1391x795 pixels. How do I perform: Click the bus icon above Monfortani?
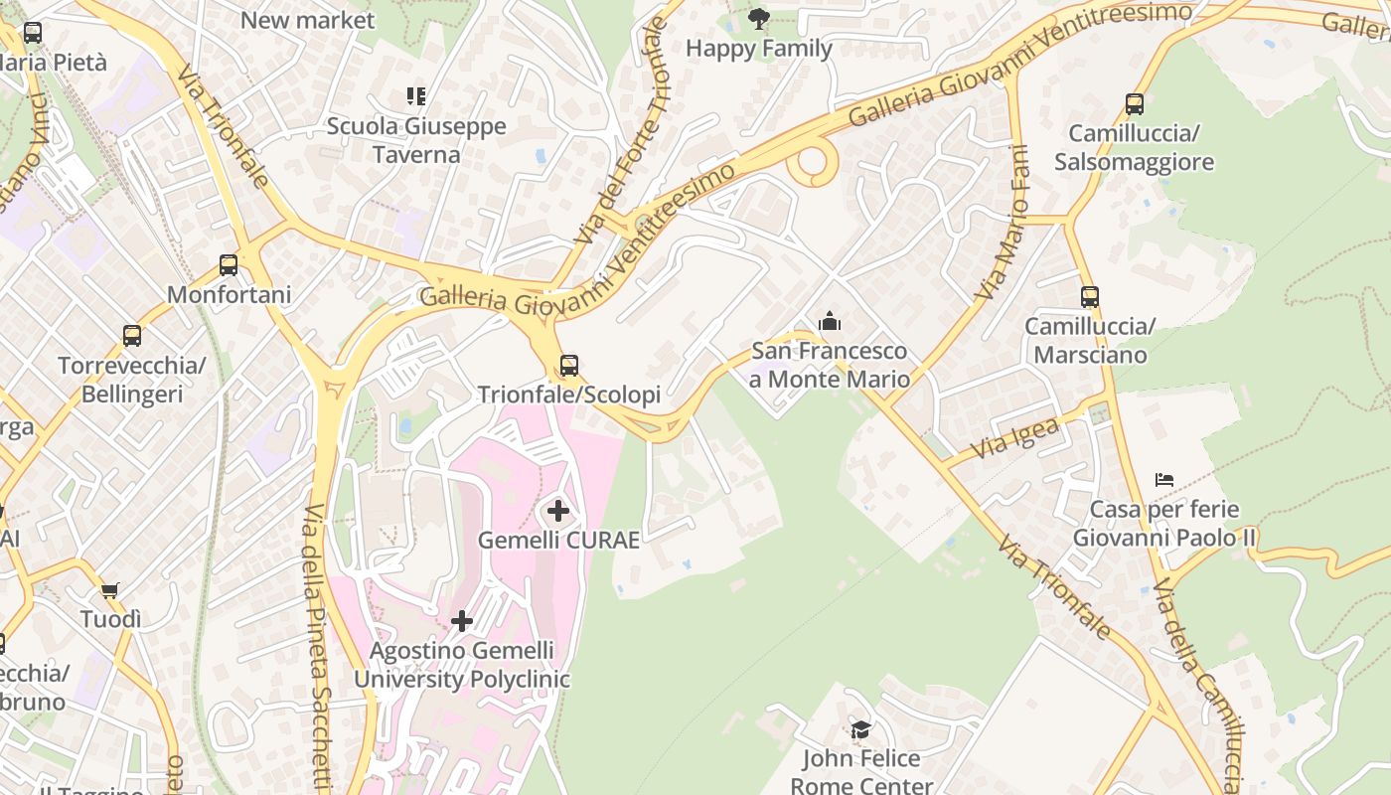tap(229, 265)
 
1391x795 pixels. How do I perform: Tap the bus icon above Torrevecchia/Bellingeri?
tap(132, 336)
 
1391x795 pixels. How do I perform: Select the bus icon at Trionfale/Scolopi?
tap(568, 366)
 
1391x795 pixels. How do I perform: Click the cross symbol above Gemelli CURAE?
tap(558, 511)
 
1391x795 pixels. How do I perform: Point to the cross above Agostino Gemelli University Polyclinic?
tap(462, 621)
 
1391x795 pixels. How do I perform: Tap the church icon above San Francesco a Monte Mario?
tap(830, 321)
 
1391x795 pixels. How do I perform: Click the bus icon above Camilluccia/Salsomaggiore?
tap(1134, 103)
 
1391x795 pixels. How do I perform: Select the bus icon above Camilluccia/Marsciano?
tap(1090, 296)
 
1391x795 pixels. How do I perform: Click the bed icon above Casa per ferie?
tap(1164, 480)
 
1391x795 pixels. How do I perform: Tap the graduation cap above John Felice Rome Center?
tap(860, 730)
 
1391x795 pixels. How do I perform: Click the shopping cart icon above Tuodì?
tap(110, 590)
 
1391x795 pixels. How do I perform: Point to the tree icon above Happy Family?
tap(758, 18)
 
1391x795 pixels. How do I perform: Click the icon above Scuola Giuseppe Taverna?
tap(416, 96)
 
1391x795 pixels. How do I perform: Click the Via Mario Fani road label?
tap(1004, 224)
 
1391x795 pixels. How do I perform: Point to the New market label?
tap(307, 20)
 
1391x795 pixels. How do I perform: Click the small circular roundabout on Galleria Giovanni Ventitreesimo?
tap(813, 162)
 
